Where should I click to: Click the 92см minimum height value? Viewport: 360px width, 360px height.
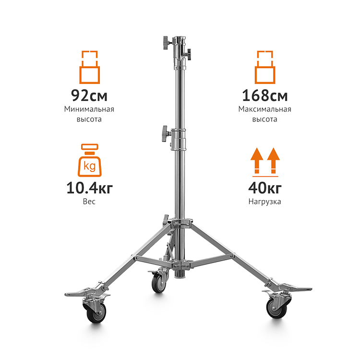tap(89, 96)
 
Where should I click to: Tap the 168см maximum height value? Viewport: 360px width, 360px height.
tap(264, 96)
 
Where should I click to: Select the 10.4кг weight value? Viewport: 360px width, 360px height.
tap(90, 188)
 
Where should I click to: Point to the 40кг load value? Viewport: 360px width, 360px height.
tap(264, 188)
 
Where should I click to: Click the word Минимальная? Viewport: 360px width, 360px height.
tap(89, 109)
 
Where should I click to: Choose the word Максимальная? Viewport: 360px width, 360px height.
tap(264, 109)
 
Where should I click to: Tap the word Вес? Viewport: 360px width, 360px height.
tap(89, 202)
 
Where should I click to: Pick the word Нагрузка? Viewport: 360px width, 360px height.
tap(264, 202)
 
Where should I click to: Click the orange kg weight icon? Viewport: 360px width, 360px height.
tap(90, 160)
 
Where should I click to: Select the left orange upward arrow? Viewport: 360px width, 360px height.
tap(257, 160)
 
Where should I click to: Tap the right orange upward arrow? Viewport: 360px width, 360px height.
tap(274, 160)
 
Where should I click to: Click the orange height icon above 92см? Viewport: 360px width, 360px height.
tap(90, 67)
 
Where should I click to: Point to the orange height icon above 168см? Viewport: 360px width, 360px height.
tap(264, 67)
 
